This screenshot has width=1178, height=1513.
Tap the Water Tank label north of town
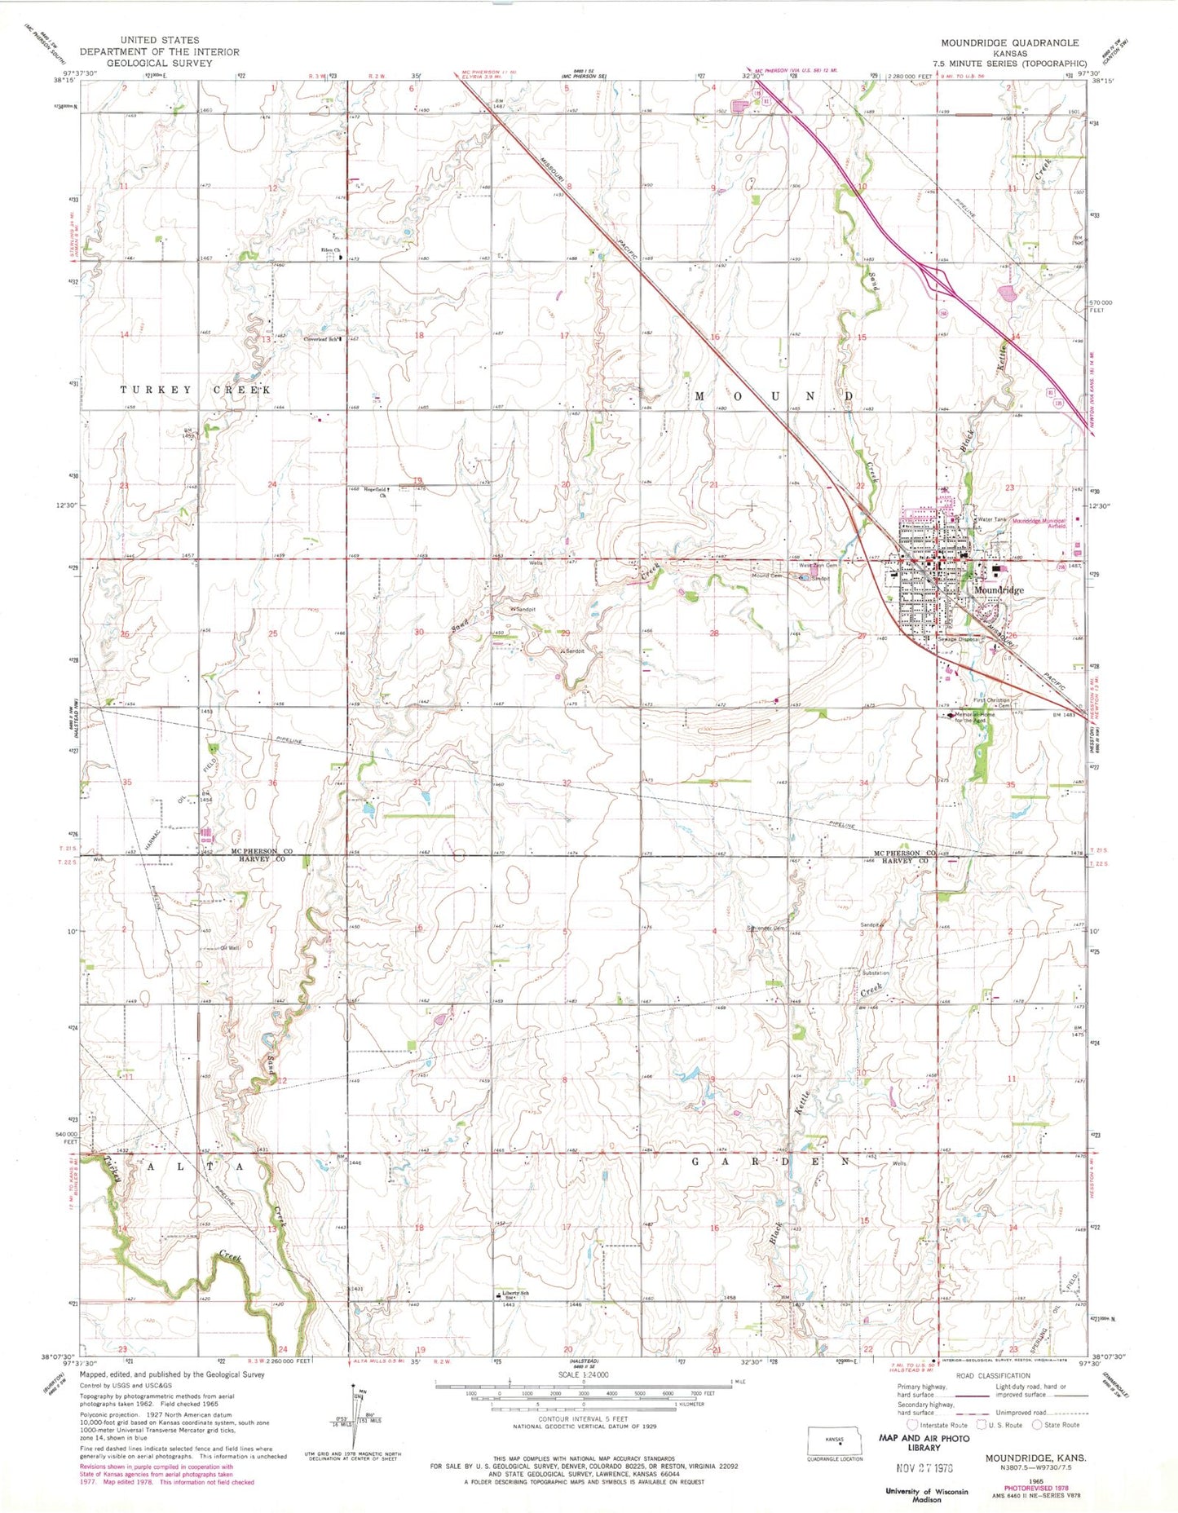(991, 519)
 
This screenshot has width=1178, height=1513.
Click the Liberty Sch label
(515, 1294)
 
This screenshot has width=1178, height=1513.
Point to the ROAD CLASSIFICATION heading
(996, 1376)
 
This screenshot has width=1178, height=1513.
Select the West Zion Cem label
(817, 565)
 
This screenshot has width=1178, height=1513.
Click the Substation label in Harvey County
(876, 973)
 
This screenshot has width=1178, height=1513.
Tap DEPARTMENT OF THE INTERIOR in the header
(160, 51)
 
